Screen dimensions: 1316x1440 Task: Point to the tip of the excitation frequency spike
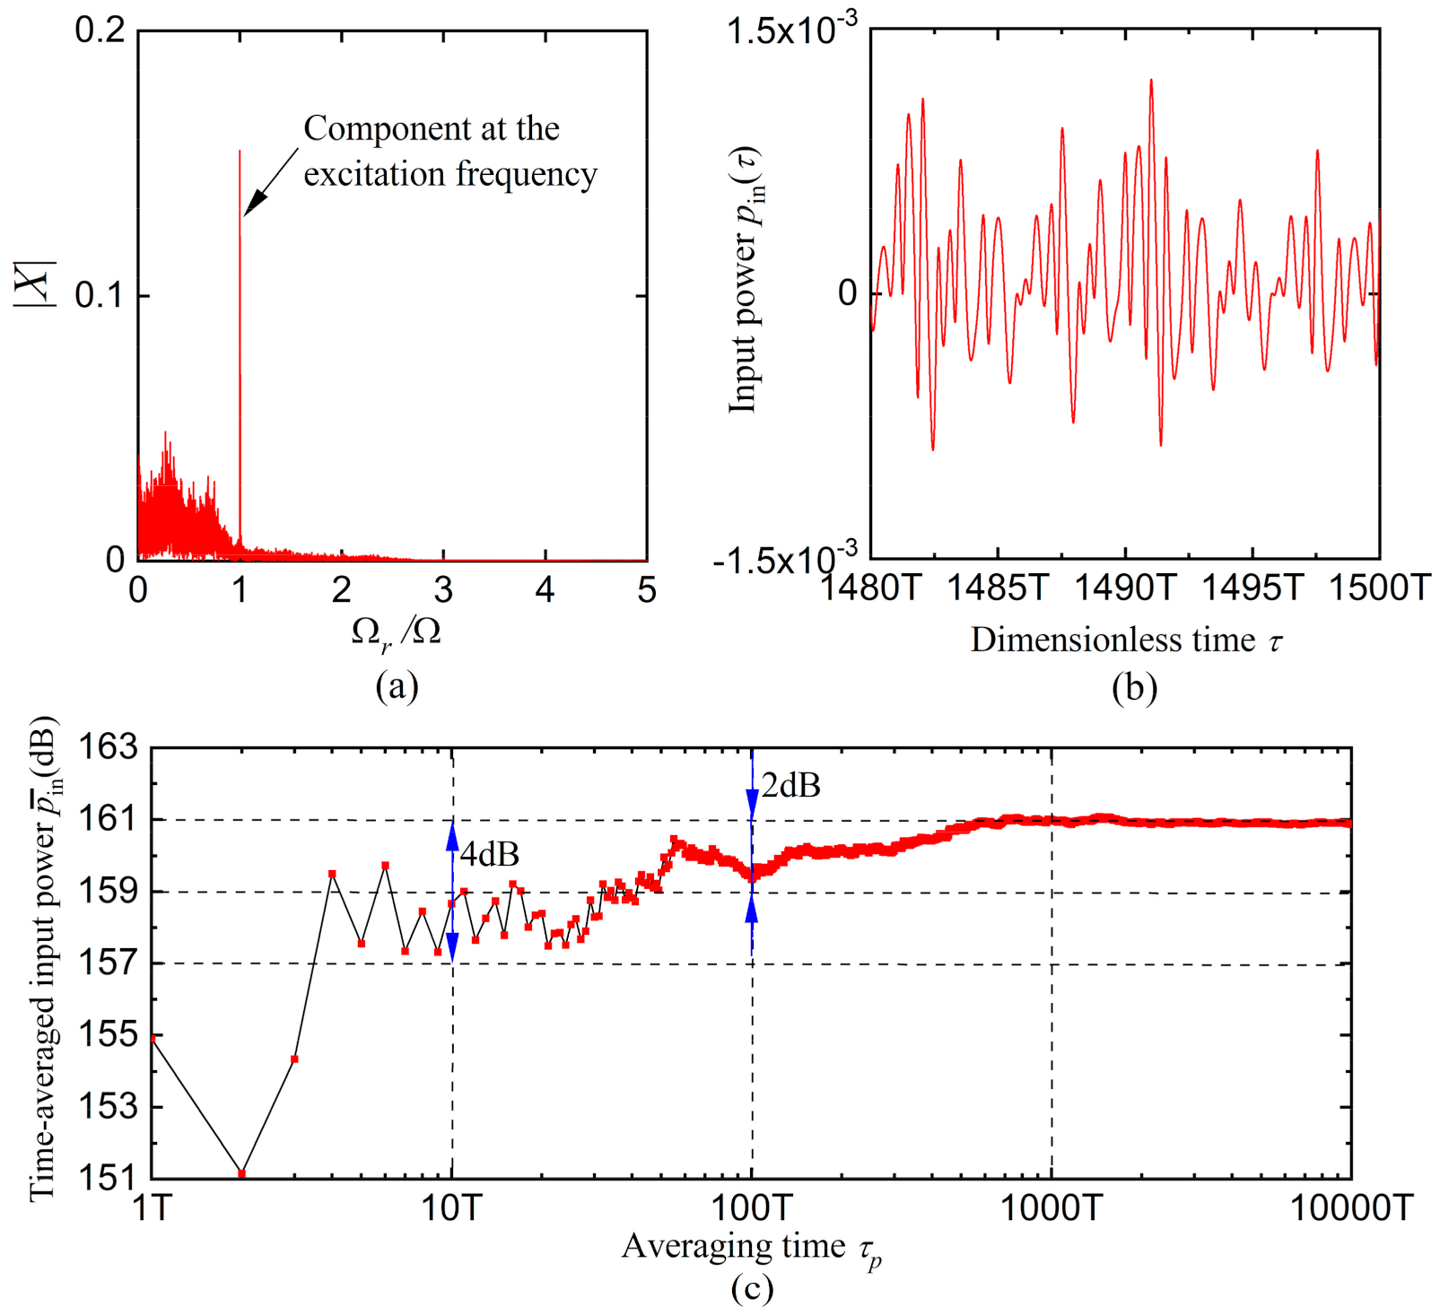(x=240, y=151)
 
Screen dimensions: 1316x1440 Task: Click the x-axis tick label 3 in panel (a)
(x=443, y=589)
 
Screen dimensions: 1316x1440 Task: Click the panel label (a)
(x=397, y=686)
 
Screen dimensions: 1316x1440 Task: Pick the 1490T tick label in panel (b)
(x=1124, y=588)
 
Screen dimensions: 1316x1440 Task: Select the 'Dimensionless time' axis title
(x=1113, y=640)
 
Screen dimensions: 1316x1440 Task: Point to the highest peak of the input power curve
(x=1150, y=81)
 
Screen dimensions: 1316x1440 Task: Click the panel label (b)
(x=1134, y=687)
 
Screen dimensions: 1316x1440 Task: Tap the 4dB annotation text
(x=489, y=853)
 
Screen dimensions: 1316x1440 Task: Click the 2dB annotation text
(x=790, y=786)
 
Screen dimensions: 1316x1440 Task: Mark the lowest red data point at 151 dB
(x=241, y=1173)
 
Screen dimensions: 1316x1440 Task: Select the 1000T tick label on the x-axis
(x=1051, y=1208)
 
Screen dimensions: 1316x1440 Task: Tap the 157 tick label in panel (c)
(x=109, y=963)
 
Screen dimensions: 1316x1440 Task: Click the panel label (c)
(x=751, y=1289)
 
